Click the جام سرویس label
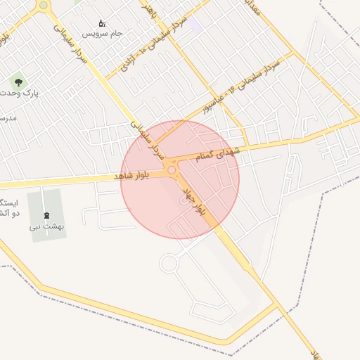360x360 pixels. coord(102,33)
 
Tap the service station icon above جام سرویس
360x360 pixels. coord(102,23)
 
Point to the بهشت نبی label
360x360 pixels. coord(47,226)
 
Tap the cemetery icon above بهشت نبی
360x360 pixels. coord(47,215)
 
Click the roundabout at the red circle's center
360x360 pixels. coord(172,170)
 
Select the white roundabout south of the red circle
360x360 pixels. coord(169,264)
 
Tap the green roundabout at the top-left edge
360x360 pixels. coord(44,5)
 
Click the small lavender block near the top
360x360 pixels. coord(195,26)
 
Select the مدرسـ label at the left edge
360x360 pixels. coord(8,117)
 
